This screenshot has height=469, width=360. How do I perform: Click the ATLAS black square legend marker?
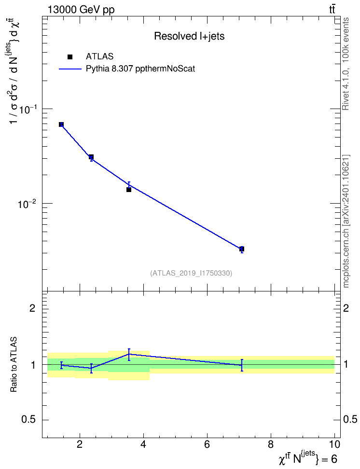[x=70, y=57]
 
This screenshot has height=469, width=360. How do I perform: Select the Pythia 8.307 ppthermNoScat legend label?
[x=140, y=69]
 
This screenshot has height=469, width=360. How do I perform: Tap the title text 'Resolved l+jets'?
[x=189, y=36]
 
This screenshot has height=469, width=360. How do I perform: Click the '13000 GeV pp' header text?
[x=81, y=10]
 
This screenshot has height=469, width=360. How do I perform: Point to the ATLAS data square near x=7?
[x=242, y=249]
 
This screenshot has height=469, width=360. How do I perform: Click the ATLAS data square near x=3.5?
[x=129, y=189]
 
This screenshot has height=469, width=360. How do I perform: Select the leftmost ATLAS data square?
[x=61, y=124]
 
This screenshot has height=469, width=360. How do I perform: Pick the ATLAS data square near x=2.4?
[x=91, y=157]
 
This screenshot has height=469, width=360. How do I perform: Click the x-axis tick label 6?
[x=207, y=444]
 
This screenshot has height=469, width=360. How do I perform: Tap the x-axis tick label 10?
[x=335, y=444]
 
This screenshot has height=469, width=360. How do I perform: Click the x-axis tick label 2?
[x=79, y=444]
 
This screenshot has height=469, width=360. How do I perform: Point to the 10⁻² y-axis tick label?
[x=27, y=204]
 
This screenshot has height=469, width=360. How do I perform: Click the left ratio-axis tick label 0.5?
[x=28, y=420]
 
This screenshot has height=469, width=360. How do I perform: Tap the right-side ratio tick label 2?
[x=346, y=308]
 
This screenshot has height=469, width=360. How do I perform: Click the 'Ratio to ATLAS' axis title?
[x=14, y=364]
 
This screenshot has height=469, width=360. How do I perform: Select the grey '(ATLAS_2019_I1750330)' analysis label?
[x=191, y=273]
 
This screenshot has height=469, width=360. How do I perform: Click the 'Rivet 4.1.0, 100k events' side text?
[x=346, y=64]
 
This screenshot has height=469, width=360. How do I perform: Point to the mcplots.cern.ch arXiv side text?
[x=346, y=221]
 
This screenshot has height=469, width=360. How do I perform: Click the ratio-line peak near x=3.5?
[x=129, y=354]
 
